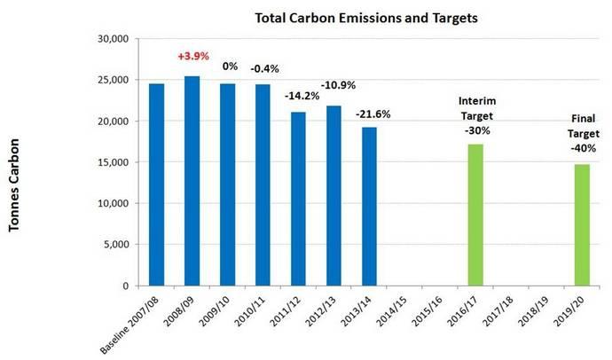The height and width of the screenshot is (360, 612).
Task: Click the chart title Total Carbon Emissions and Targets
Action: [x=343, y=18]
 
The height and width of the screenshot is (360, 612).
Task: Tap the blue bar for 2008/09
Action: [x=192, y=181]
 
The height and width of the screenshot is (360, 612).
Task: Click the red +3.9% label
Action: [x=192, y=55]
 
